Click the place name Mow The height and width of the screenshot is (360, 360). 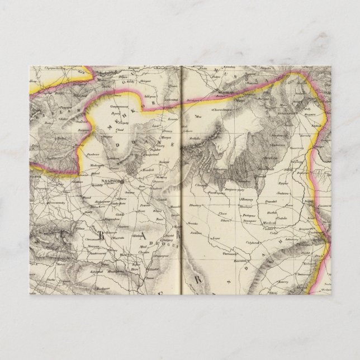pyautogui.click(x=197, y=117)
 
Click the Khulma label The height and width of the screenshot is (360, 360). pyautogui.click(x=138, y=237)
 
